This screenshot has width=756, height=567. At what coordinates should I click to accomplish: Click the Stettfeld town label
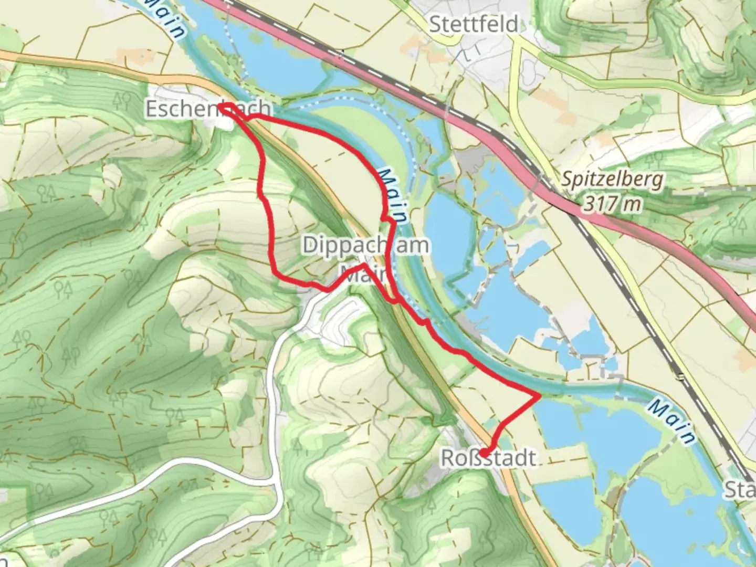click(474, 24)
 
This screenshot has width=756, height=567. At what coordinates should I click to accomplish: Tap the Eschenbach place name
click(208, 109)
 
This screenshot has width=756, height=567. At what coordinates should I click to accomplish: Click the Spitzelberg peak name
click(612, 180)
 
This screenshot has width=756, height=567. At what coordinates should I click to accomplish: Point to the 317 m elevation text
click(612, 203)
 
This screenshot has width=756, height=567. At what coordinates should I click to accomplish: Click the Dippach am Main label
click(365, 245)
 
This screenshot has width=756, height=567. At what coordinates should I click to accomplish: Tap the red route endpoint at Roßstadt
click(483, 453)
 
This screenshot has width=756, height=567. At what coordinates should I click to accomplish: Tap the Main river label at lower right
click(671, 420)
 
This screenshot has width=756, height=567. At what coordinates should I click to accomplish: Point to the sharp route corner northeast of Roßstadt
click(539, 396)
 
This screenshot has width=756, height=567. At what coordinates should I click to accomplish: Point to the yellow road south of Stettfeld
click(517, 79)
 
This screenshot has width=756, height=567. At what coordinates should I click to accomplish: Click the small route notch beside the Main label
click(385, 217)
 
